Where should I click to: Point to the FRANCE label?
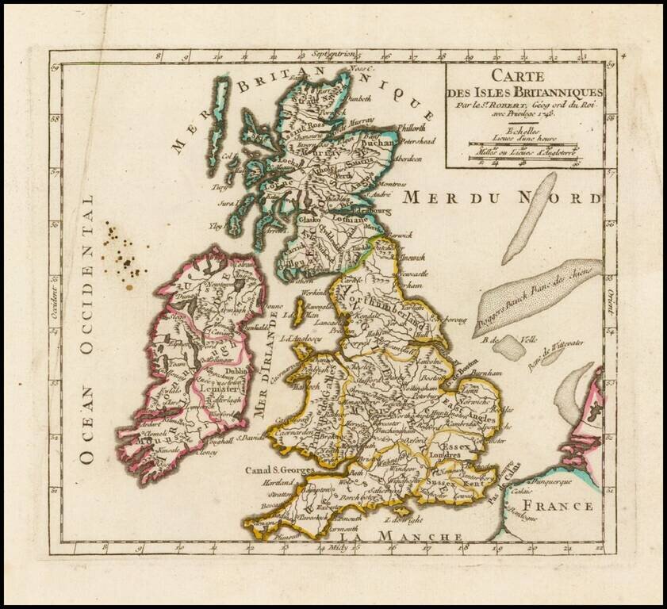[x=564, y=506]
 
